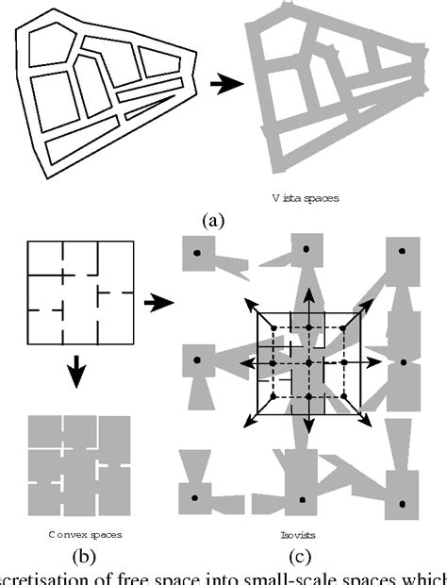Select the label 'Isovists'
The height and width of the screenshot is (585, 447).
pos(299,534)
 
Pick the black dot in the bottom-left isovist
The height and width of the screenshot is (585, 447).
pos(197,498)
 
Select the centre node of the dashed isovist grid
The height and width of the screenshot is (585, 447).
pos(308,362)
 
